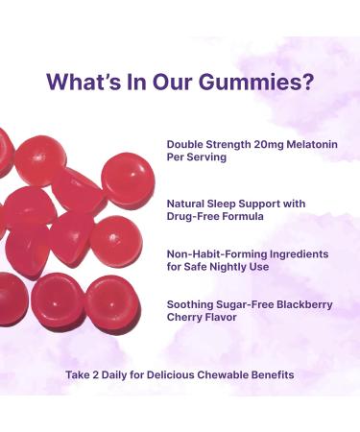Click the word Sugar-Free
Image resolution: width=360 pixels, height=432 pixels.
248,304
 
